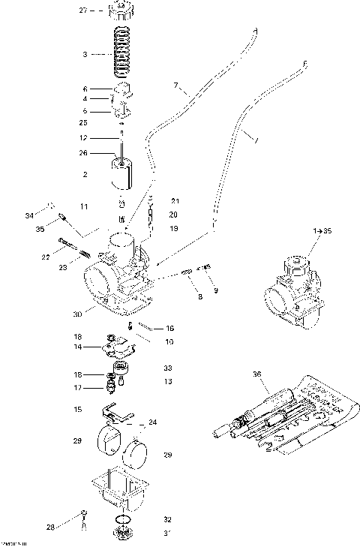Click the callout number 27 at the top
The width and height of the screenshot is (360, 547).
click(83, 11)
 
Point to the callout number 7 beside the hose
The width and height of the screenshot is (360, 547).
click(177, 86)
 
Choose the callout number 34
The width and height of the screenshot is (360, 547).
click(29, 216)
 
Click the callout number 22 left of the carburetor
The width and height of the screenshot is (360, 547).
click(46, 257)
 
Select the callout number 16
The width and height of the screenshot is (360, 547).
click(170, 328)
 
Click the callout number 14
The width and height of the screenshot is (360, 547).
click(77, 347)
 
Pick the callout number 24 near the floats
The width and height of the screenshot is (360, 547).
click(153, 422)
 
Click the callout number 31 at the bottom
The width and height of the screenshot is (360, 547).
click(168, 533)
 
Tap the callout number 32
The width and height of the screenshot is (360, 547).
click(168, 518)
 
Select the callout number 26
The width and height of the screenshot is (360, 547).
click(84, 152)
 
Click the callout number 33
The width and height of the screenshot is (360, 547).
click(168, 368)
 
